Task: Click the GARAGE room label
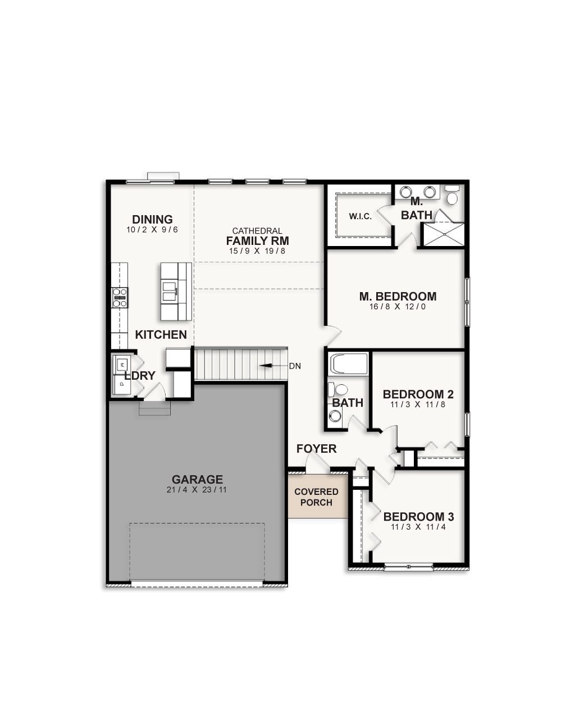tap(197, 479)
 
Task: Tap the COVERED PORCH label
tap(316, 497)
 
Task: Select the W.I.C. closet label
tap(360, 216)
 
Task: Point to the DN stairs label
tap(295, 366)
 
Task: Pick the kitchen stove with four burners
tap(120, 297)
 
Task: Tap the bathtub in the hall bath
tap(349, 363)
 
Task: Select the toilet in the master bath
tap(452, 196)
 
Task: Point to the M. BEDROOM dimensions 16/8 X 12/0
tap(398, 307)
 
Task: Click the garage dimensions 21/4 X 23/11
tap(197, 490)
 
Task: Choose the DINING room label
tap(152, 219)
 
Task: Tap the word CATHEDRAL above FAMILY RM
tap(257, 231)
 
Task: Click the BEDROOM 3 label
tap(418, 516)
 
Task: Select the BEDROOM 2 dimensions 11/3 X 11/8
tap(418, 404)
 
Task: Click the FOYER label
tap(317, 448)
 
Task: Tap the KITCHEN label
tap(161, 335)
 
